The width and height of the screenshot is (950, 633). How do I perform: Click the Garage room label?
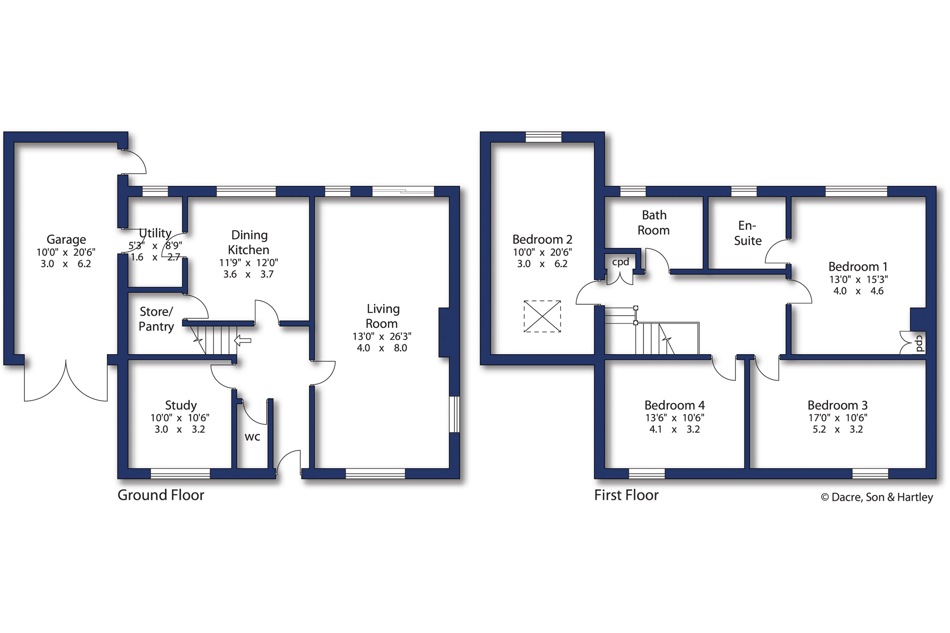click(x=66, y=240)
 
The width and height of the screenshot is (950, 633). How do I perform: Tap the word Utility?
click(x=155, y=233)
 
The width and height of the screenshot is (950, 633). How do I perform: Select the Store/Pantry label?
click(x=156, y=319)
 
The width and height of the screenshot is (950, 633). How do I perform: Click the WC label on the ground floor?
click(x=252, y=437)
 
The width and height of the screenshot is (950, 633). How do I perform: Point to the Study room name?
click(x=181, y=405)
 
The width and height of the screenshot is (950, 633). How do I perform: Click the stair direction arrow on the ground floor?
click(x=243, y=340)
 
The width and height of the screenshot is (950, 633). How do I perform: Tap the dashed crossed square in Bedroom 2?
click(x=542, y=316)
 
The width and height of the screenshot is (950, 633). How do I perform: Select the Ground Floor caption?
click(x=161, y=495)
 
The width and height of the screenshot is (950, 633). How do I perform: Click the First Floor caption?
click(x=626, y=495)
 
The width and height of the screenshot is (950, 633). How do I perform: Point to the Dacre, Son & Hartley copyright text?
click(x=877, y=497)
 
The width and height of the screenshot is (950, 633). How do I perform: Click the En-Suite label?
click(x=748, y=233)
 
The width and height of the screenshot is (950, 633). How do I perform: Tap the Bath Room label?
click(x=654, y=222)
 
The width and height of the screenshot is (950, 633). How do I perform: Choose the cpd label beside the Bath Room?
click(x=621, y=262)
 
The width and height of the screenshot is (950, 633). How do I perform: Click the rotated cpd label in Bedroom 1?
click(x=919, y=344)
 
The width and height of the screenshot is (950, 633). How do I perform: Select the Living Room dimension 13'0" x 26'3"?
click(x=382, y=336)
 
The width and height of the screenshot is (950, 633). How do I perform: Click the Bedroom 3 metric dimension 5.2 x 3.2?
click(x=837, y=430)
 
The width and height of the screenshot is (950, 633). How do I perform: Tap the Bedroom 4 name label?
click(x=674, y=405)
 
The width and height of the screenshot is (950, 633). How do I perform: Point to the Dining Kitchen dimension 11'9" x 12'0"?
click(x=248, y=263)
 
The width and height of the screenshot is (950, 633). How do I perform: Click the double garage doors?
click(x=66, y=381)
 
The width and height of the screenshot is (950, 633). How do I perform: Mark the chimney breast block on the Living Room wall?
click(x=444, y=332)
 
